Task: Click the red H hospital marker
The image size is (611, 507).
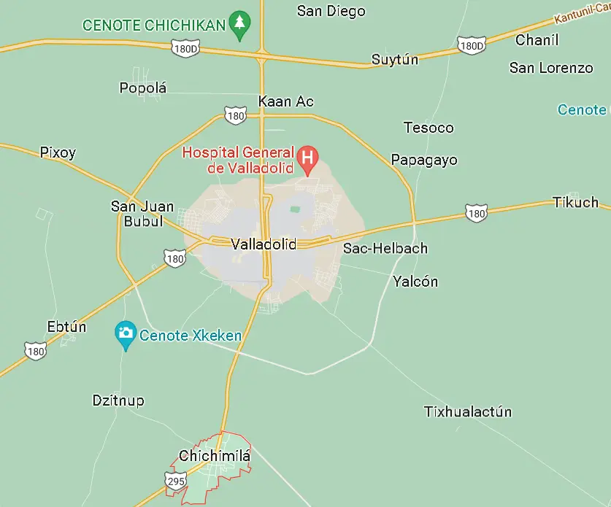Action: click(x=309, y=157)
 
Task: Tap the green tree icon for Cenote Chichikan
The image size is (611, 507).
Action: click(x=239, y=23)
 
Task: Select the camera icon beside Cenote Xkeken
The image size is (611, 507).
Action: click(x=126, y=333)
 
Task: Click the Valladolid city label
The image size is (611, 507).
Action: click(x=263, y=244)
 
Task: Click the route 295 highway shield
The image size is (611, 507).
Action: click(x=175, y=481)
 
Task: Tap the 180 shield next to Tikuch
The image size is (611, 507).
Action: click(x=476, y=214)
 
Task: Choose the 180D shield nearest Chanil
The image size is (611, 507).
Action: click(x=472, y=46)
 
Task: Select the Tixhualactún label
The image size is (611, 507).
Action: click(x=468, y=411)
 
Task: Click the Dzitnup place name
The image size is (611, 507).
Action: click(x=118, y=400)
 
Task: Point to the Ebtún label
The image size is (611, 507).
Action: click(x=66, y=326)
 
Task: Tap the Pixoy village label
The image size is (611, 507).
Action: click(x=58, y=152)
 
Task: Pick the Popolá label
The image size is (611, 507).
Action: click(x=143, y=88)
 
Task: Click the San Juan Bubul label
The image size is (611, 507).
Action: click(x=142, y=214)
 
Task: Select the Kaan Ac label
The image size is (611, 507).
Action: click(x=286, y=101)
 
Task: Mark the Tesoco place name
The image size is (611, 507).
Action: click(x=429, y=128)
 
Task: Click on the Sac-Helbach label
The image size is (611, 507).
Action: click(x=385, y=248)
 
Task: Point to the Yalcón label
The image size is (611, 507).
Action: click(x=415, y=281)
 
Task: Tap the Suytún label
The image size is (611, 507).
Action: click(x=395, y=60)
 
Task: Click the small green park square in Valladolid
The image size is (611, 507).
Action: click(x=294, y=210)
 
